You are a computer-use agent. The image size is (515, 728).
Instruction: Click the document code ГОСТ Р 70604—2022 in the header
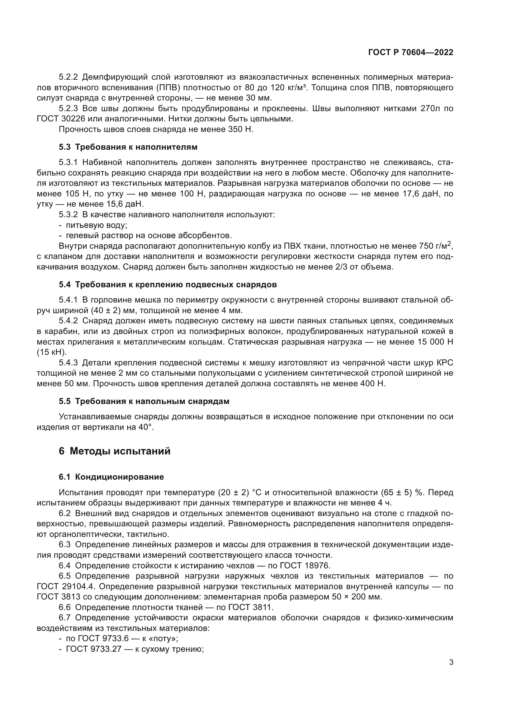pyautogui.click(x=410, y=53)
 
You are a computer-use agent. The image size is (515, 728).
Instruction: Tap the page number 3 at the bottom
pyautogui.click(x=451, y=671)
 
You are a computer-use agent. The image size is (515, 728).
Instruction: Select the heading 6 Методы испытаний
pyautogui.click(x=115, y=451)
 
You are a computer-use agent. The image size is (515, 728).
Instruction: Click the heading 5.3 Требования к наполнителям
pyautogui.click(x=128, y=147)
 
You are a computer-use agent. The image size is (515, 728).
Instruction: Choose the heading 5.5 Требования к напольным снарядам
pyautogui.click(x=144, y=402)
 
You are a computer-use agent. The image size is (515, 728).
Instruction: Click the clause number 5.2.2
pyautogui.click(x=68, y=77)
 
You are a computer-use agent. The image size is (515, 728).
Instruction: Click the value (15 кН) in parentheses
pyautogui.click(x=52, y=352)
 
